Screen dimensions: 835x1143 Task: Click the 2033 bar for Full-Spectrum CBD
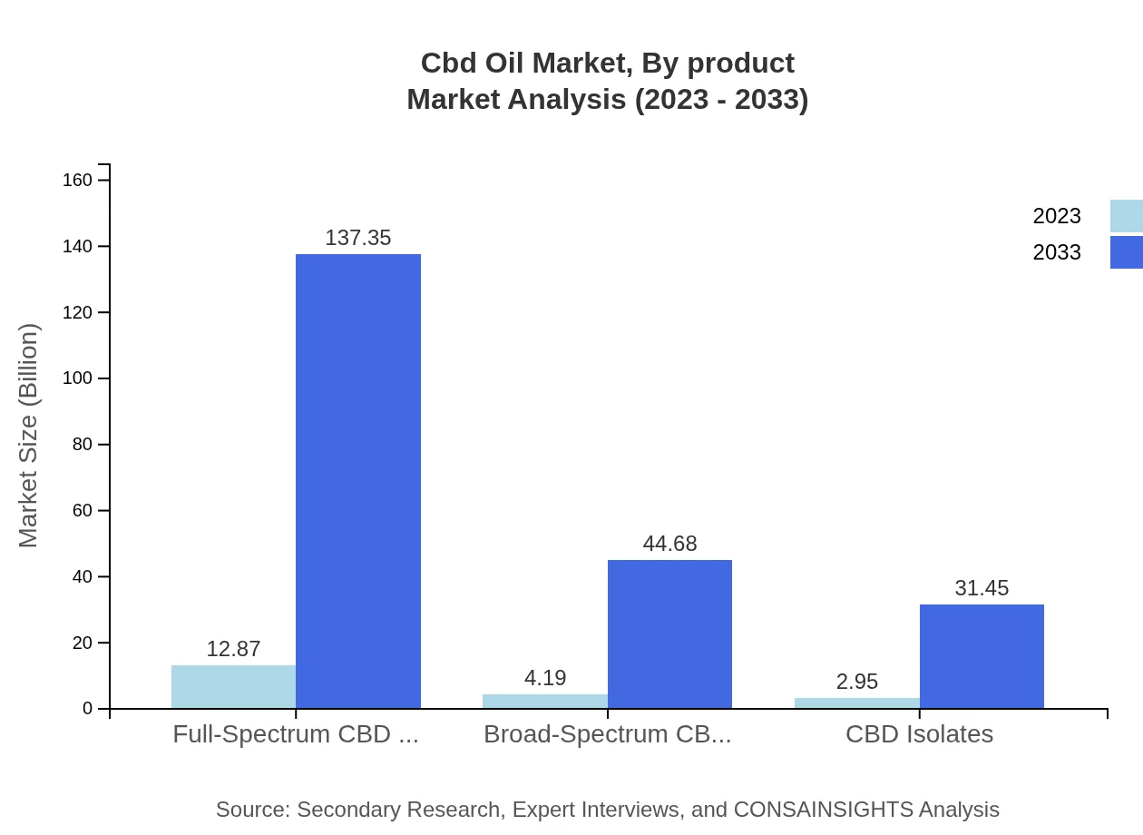click(358, 481)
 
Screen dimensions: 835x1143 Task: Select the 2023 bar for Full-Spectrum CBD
click(233, 686)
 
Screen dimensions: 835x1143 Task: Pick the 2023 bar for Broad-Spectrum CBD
click(545, 701)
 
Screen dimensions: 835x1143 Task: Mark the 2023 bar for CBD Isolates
click(857, 702)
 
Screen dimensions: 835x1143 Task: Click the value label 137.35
click(358, 238)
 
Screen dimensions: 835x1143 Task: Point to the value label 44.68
click(669, 544)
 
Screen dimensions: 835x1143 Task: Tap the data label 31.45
click(982, 588)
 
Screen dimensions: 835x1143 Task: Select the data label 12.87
click(233, 650)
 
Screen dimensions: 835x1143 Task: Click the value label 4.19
click(545, 678)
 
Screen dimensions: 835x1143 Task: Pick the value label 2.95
click(857, 682)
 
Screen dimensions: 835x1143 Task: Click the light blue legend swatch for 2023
click(1126, 216)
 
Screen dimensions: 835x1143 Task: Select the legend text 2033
click(1057, 252)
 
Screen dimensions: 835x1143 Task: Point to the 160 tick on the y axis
click(77, 180)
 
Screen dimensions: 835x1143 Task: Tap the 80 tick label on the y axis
click(83, 445)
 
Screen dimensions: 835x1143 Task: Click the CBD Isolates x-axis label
click(919, 733)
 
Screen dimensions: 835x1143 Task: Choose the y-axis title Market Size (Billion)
click(28, 436)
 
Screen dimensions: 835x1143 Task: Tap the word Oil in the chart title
click(499, 64)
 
